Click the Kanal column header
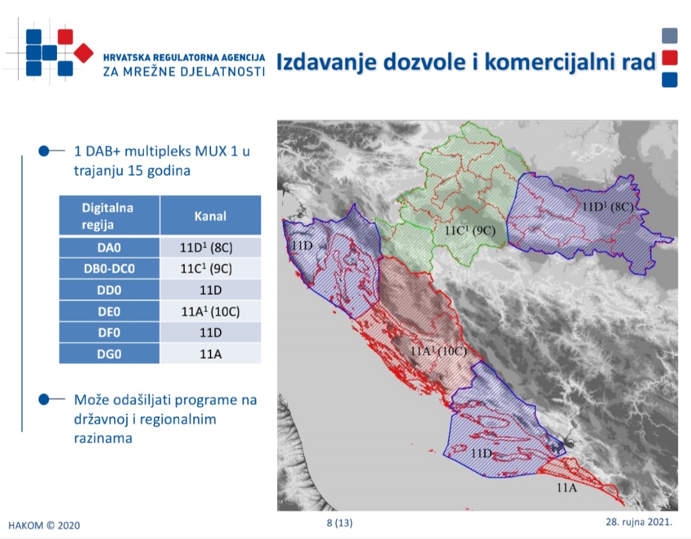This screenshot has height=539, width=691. tap(210, 215)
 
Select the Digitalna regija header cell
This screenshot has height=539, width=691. tap(109, 215)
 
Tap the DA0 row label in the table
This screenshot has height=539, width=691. tap(109, 247)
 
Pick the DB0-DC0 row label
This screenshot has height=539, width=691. tap(109, 269)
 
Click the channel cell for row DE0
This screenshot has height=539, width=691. tap(210, 311)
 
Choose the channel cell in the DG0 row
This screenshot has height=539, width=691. tap(210, 354)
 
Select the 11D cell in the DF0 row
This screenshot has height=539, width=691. tap(210, 332)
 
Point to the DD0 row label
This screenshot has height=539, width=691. tap(109, 290)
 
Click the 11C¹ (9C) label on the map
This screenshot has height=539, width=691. tap(470, 230)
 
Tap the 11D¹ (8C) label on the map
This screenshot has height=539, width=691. tap(608, 207)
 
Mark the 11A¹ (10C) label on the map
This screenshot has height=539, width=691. tap(438, 351)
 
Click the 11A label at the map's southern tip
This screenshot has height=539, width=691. tap(567, 487)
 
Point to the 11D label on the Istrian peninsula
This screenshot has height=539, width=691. tap(302, 246)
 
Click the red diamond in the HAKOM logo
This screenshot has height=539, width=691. tap(83, 53)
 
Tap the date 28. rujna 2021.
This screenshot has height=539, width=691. tap(639, 522)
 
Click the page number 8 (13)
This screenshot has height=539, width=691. tap(339, 523)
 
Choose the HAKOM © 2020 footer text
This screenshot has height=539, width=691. tap(44, 526)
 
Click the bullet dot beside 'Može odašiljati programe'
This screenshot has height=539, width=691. tap(44, 400)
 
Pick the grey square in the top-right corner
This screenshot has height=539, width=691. tap(669, 36)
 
